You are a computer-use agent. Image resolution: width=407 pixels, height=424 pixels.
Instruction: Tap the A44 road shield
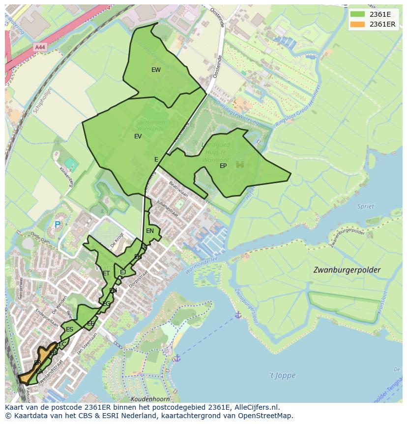point(40,47)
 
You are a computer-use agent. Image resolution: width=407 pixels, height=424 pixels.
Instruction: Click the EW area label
point(156,70)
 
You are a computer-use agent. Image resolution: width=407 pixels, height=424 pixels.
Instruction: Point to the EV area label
point(138,136)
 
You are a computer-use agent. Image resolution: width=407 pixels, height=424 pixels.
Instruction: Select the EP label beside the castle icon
point(223,166)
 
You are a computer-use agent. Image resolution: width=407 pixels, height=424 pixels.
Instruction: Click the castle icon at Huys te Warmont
point(240,164)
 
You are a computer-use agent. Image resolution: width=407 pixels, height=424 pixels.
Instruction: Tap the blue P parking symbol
point(57,225)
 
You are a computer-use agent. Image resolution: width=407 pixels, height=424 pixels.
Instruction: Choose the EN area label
point(150,230)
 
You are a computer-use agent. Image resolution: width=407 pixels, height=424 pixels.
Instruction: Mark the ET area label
point(106,273)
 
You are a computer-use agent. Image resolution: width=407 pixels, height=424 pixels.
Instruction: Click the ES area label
point(69,329)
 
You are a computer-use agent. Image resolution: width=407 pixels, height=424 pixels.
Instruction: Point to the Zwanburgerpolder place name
point(347,270)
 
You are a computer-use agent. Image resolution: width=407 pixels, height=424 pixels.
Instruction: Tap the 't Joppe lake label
point(282,375)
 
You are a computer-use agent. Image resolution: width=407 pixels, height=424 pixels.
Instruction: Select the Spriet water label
point(366,206)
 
